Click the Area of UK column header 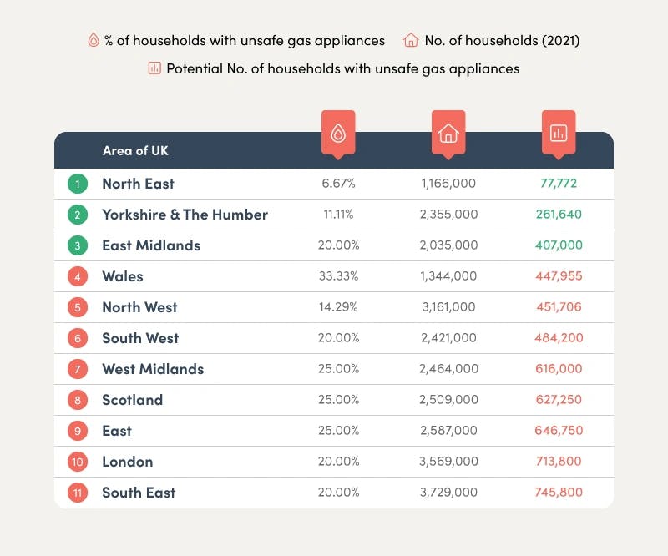click(135, 151)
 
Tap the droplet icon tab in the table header click(338, 133)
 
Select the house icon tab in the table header click(448, 133)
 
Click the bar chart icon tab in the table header click(559, 133)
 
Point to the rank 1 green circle click(78, 184)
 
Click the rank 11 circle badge click(78, 493)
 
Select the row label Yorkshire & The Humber click(185, 215)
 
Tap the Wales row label click(123, 276)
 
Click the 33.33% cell click(338, 276)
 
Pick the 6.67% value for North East click(338, 184)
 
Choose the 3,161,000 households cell click(448, 307)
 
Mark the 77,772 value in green click(559, 184)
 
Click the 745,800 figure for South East click(559, 493)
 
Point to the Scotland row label click(132, 400)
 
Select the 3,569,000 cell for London click(448, 462)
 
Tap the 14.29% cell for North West click(338, 307)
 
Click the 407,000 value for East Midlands click(559, 245)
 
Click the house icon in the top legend click(410, 40)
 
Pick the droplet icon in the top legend click(94, 40)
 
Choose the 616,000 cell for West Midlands click(559, 369)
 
